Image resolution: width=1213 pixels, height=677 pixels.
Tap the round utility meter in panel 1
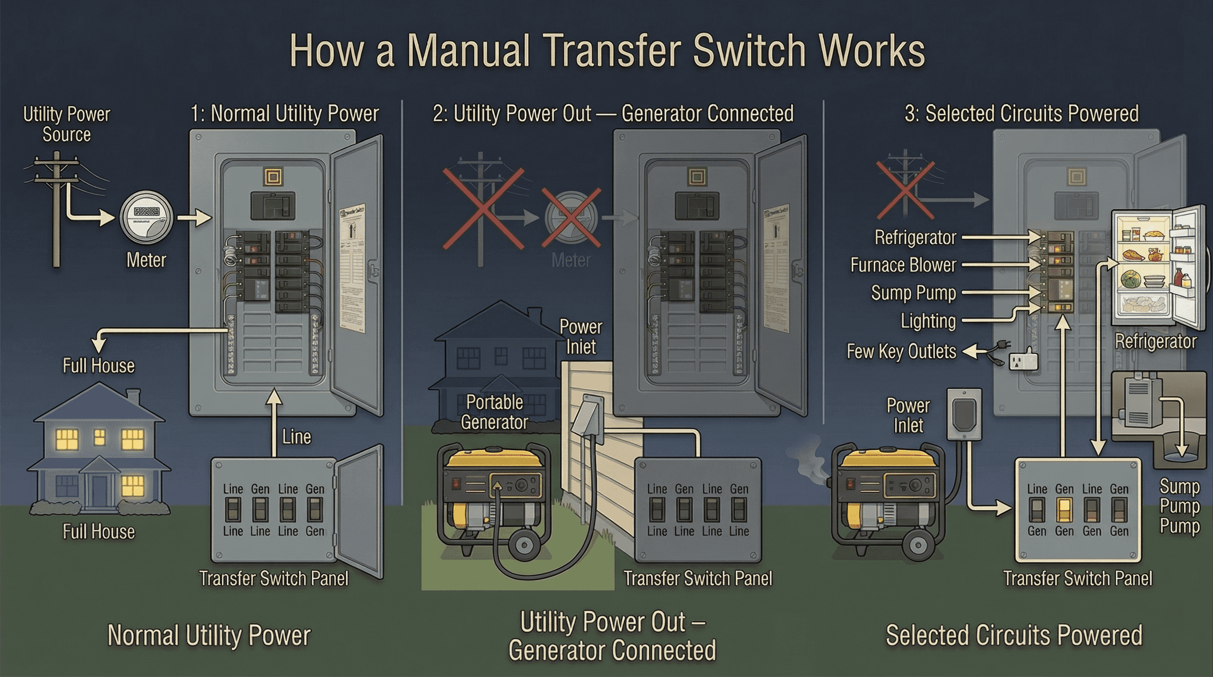146,217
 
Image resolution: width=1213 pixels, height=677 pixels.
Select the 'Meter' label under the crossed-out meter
571,260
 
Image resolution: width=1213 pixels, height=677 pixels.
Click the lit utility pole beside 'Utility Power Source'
56,207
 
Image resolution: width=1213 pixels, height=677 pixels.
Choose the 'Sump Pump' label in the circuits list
913,293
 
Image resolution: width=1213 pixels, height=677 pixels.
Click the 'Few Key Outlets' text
901,351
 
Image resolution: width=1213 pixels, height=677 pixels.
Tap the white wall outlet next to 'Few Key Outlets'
1024,361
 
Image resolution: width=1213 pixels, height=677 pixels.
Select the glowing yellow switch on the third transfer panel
1064,510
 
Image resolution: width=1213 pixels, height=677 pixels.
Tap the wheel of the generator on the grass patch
524,546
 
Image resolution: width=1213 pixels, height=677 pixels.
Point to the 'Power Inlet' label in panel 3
908,416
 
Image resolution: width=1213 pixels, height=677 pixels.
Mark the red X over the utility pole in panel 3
905,190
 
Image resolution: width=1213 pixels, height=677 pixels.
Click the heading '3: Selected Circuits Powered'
1021,114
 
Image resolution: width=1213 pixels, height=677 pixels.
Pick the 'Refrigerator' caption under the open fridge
1156,342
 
